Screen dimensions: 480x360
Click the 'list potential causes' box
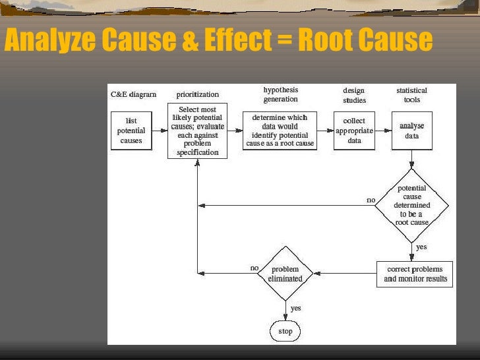point(131,131)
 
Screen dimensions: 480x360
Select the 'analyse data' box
point(412,131)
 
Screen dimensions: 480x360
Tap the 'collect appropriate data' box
point(354,131)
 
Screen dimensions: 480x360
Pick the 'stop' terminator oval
point(285,331)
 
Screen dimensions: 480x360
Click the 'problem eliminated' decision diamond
point(285,274)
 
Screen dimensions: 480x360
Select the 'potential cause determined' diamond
point(412,205)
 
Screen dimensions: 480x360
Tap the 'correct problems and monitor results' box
point(415,274)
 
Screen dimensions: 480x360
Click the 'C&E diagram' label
point(133,94)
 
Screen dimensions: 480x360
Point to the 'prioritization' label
point(198,94)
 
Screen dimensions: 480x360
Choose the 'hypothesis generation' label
point(281,94)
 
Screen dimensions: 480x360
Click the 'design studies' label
point(354,95)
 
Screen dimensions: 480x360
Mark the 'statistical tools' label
point(411,95)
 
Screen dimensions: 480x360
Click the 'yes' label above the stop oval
point(296,308)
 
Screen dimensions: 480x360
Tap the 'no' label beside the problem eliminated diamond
point(255,268)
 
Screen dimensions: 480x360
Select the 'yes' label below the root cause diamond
point(421,247)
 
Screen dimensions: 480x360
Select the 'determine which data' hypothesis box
point(280,131)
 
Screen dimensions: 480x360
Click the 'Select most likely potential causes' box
point(198,131)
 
